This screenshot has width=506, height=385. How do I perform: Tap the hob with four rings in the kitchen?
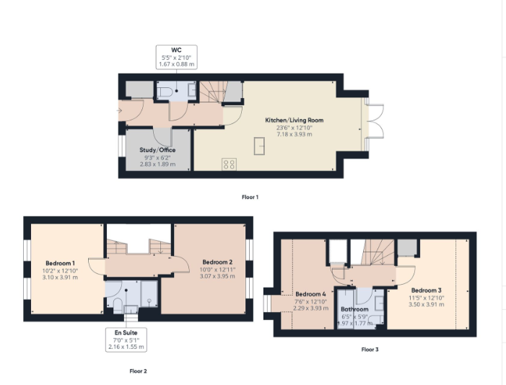230,164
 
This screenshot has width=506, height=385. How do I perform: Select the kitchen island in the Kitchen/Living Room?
258,146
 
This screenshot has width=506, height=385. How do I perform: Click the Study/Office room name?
157,149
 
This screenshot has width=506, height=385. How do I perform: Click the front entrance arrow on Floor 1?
120,110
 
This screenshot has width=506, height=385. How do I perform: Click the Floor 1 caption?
250,196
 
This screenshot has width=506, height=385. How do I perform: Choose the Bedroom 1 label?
61,262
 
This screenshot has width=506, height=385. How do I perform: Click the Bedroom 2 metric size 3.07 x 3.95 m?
217,277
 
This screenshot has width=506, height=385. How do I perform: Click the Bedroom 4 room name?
310,294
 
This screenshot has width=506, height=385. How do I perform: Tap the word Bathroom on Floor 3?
354,309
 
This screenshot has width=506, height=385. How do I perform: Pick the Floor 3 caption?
370,350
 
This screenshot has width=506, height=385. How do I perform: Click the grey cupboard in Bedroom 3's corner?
406,247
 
